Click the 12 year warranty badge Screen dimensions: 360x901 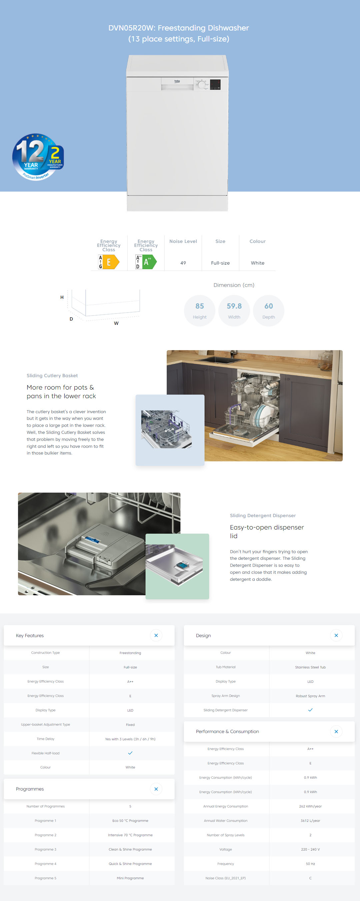click(x=38, y=157)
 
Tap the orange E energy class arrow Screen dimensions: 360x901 click(x=111, y=262)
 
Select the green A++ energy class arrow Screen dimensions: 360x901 click(x=149, y=262)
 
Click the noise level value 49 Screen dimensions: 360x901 click(x=183, y=263)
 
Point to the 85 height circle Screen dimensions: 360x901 click(x=199, y=311)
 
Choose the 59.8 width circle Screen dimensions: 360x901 click(x=234, y=311)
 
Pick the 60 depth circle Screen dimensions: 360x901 click(x=268, y=311)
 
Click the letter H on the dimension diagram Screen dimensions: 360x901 click(x=62, y=297)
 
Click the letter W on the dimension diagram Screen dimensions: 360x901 click(x=116, y=323)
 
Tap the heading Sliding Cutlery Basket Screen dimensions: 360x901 click(x=52, y=376)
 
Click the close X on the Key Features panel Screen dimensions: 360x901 click(x=156, y=635)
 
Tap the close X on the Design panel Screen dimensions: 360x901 click(x=336, y=635)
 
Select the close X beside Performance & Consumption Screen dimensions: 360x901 click(x=336, y=731)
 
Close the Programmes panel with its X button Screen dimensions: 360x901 click(x=156, y=789)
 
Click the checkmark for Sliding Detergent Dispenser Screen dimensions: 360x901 click(x=310, y=710)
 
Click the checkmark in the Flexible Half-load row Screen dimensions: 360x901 click(x=130, y=753)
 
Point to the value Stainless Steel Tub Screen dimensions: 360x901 click(x=310, y=667)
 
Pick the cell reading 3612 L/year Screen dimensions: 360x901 click(x=310, y=821)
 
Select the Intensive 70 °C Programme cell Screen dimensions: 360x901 click(x=130, y=835)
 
